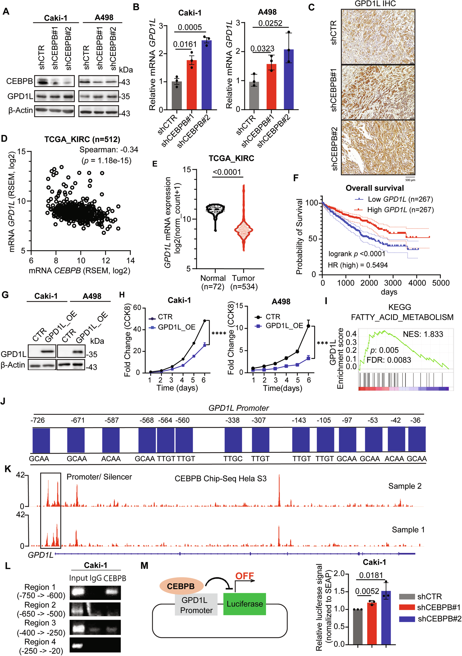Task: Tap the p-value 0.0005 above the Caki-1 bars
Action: click(190, 28)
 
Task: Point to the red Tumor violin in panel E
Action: click(243, 229)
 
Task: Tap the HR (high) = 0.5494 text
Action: click(357, 265)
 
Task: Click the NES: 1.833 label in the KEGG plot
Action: click(423, 334)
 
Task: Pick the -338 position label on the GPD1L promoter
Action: click(232, 420)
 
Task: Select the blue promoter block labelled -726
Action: click(41, 440)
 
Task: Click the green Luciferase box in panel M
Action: click(244, 604)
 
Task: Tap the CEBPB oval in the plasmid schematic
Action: click(181, 586)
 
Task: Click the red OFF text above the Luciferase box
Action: click(244, 576)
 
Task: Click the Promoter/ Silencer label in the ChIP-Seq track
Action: click(99, 477)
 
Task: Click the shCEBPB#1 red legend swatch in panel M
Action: click(407, 607)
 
